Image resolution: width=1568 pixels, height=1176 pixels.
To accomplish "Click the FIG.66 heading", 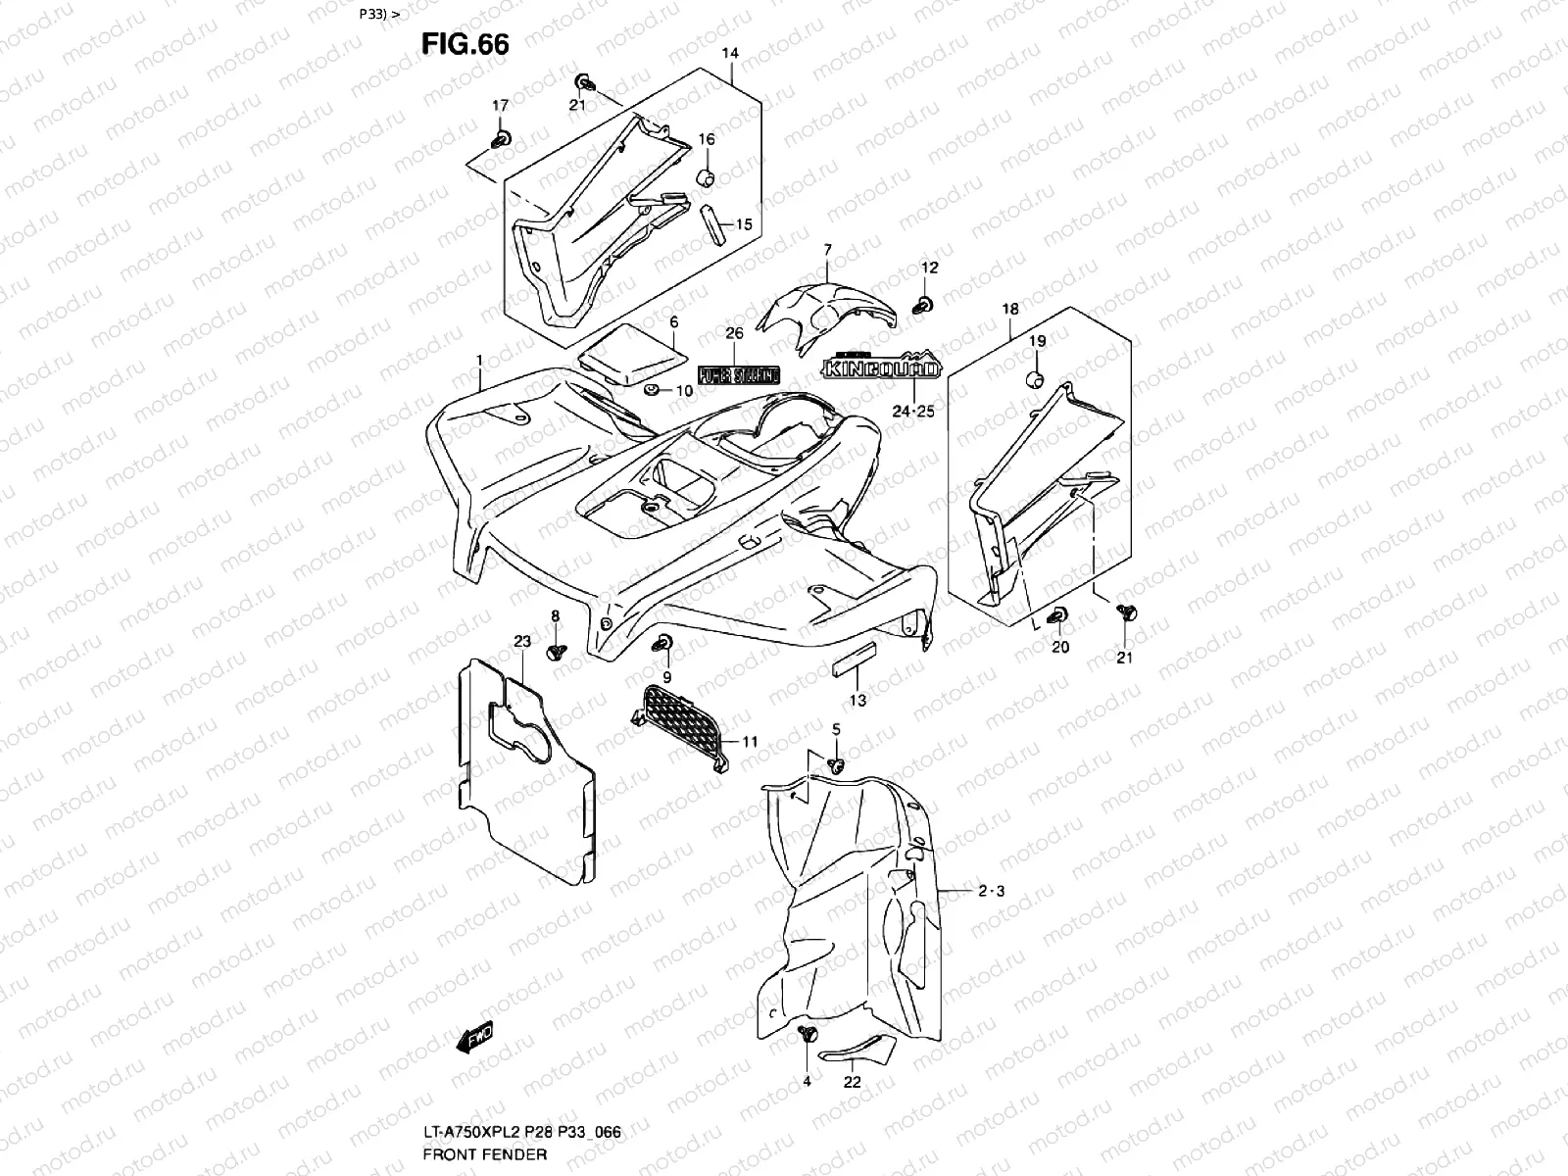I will click(x=465, y=43).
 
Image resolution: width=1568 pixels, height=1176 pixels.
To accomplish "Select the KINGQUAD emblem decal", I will click(x=881, y=367).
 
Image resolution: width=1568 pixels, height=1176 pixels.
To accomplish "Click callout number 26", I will click(x=734, y=333).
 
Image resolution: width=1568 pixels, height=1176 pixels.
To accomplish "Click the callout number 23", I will click(x=521, y=642).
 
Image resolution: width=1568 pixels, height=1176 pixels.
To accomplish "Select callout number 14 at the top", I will click(x=730, y=53).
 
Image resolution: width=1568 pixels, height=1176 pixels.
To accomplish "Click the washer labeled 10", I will click(x=650, y=392).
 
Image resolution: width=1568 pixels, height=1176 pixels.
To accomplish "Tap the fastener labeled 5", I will click(x=836, y=762).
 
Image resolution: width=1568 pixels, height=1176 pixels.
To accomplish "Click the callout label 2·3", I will click(x=991, y=891).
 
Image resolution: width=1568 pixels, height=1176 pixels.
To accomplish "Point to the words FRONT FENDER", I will click(x=484, y=1154).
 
